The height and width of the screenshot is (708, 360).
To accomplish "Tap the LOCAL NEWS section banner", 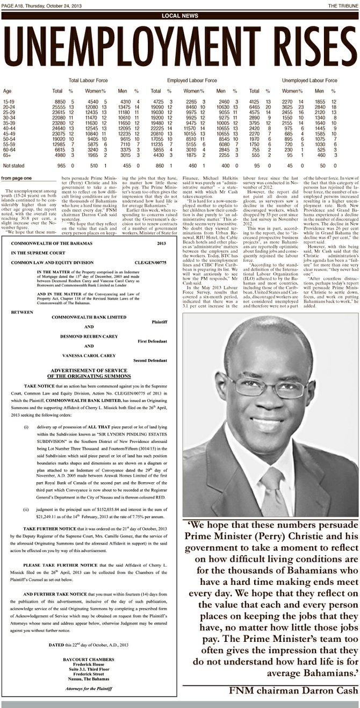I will [180, 16].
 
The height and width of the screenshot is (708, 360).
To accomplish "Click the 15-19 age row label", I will [9, 102].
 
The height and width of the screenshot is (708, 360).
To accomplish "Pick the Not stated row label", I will [12, 166].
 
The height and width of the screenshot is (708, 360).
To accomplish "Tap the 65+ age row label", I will [7, 155].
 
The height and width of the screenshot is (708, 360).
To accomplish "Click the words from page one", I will [17, 178].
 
